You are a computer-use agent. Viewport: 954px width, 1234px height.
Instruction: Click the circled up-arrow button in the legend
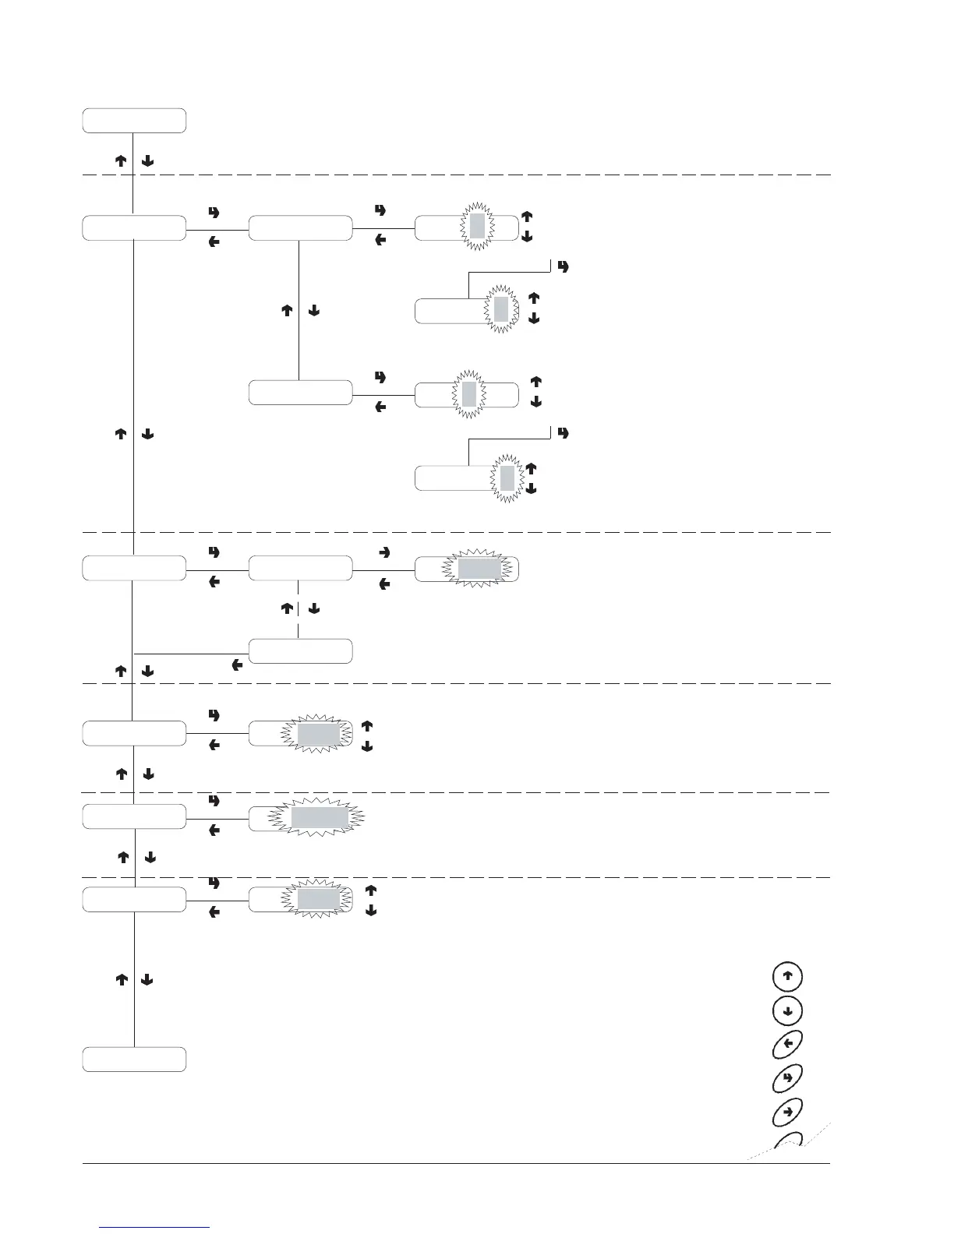787,977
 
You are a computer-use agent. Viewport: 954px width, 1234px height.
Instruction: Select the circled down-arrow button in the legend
787,1010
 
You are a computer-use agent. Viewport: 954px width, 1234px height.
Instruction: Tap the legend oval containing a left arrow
787,1044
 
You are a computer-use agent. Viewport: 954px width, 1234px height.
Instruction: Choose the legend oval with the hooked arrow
787,1077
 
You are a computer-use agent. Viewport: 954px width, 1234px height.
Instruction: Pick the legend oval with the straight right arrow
787,1111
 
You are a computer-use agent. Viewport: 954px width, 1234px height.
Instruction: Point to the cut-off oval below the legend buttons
787,1142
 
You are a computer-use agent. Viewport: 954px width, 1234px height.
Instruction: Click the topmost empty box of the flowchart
134,121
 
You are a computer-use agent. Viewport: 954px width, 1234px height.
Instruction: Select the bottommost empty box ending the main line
134,1059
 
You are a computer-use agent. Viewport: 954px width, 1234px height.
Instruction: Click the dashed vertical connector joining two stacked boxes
299,610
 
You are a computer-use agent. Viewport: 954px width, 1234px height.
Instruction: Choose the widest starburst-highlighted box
320,818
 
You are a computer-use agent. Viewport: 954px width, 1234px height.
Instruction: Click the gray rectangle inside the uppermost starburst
478,226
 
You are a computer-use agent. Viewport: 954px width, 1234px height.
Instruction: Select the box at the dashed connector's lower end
300,651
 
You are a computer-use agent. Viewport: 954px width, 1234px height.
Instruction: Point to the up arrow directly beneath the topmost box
121,162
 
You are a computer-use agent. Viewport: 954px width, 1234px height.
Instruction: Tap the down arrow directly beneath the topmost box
148,162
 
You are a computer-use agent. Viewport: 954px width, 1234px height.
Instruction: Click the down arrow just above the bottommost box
148,980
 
